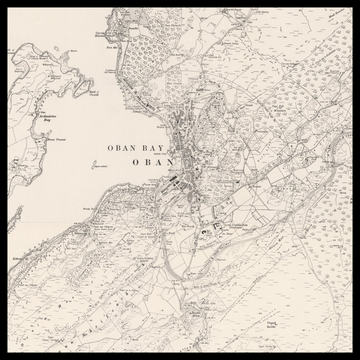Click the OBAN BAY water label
[139, 147]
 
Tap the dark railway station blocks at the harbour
[175, 186]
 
